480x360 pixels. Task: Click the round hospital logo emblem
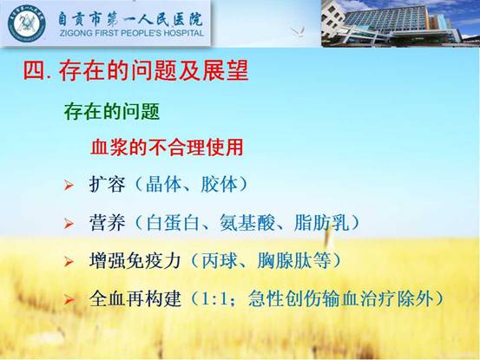coord(27,23)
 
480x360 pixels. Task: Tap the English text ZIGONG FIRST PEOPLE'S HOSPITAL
coord(132,33)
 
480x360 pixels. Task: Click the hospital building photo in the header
coord(400,23)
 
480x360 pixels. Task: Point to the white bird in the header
coord(299,32)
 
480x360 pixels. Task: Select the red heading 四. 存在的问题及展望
coord(135,70)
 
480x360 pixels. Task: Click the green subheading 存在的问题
coord(112,111)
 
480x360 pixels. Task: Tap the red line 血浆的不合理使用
coord(167,147)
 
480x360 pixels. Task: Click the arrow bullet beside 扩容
coord(69,185)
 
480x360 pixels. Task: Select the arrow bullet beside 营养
coord(69,223)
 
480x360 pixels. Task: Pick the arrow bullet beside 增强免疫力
coord(69,261)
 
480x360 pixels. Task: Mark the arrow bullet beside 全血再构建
coord(69,299)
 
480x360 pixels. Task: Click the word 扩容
coord(107,184)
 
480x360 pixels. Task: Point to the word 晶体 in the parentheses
coord(164,184)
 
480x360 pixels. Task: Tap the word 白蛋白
coord(173,222)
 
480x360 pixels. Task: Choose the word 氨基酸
coord(247,222)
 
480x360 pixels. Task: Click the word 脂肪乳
coord(321,222)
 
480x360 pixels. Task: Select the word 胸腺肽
coord(285,260)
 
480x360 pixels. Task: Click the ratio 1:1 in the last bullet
coord(214,298)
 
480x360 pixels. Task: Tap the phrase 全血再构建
coord(135,298)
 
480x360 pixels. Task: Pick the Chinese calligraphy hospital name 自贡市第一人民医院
coord(131,19)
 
